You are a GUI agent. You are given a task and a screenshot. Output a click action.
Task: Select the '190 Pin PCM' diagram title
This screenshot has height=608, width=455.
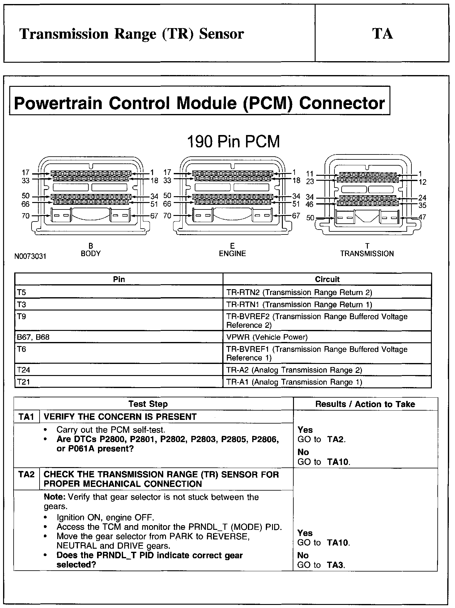pyautogui.click(x=233, y=142)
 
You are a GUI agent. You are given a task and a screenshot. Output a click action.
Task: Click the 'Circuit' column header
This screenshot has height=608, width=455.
pyautogui.click(x=327, y=279)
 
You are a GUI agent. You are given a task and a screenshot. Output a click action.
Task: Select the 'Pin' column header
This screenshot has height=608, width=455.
pyautogui.click(x=119, y=279)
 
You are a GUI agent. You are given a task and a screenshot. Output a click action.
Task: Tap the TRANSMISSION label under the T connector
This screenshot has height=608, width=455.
pyautogui.click(x=367, y=254)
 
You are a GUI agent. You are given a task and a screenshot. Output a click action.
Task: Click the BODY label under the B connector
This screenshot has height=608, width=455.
pyautogui.click(x=91, y=254)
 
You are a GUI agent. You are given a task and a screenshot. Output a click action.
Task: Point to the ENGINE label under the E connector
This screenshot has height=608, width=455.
pyautogui.click(x=232, y=254)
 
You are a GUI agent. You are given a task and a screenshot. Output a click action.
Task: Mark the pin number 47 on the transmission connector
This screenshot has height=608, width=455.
pyautogui.click(x=422, y=217)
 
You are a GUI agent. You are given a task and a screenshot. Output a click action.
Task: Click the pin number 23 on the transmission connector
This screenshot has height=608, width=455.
pyautogui.click(x=310, y=182)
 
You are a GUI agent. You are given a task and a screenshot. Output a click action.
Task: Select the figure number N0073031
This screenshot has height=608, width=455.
pyautogui.click(x=30, y=256)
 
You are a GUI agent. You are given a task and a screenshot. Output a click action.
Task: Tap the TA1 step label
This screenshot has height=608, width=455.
pyautogui.click(x=26, y=417)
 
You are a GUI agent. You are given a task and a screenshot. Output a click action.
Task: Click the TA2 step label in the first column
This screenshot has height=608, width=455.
pyautogui.click(x=26, y=474)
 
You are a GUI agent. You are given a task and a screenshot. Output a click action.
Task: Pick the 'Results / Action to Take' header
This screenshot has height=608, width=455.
pyautogui.click(x=365, y=404)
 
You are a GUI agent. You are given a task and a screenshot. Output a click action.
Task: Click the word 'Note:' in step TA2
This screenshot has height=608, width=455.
pyautogui.click(x=55, y=497)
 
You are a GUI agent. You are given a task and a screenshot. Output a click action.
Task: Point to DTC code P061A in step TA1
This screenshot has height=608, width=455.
pyautogui.click(x=81, y=449)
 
